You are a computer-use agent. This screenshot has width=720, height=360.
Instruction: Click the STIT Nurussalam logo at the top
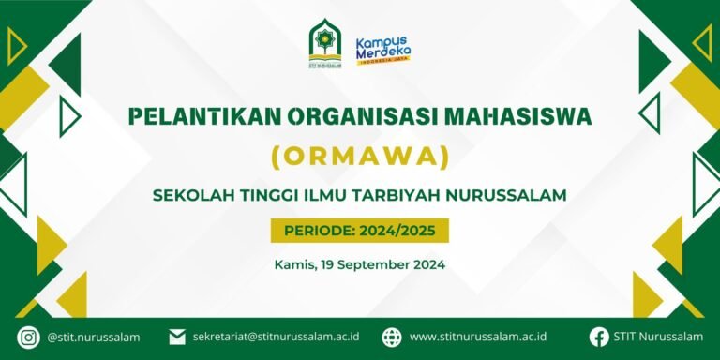pos(325,44)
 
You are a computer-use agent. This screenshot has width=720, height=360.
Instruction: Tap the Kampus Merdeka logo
pos(383,50)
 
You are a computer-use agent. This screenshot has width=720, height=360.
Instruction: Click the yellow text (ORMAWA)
pos(360,157)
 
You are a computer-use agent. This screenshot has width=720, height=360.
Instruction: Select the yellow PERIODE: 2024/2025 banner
pos(360,231)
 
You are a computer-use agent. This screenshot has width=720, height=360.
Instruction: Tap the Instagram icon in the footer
pos(28,337)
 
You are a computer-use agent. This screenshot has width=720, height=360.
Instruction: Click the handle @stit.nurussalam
pos(93,337)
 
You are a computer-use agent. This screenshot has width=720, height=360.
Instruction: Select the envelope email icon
pos(177,337)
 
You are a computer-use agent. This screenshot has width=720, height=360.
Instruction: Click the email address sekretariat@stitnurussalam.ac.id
pos(276,337)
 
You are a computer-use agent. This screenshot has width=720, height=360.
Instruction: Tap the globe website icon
pos(392,337)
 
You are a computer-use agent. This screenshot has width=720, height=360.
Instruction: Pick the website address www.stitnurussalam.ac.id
pos(478,337)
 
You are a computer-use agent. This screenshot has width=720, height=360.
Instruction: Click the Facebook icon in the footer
pos(599,337)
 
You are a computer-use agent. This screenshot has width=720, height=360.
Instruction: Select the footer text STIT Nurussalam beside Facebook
pos(658,337)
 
